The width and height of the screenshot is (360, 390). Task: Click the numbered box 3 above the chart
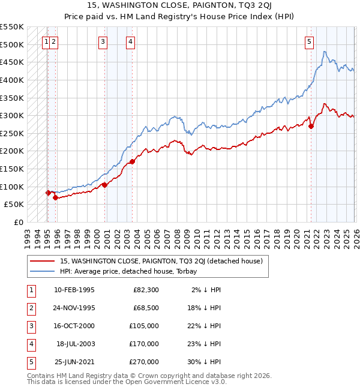103,41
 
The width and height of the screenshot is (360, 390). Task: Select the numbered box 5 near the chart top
309,41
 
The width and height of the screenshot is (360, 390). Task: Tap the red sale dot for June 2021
311,126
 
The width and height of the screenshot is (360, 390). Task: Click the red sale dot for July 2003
132,161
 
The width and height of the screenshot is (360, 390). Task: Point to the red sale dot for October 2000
104,185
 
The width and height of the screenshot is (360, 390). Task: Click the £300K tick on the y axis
12,115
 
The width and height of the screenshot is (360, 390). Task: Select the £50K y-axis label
14,205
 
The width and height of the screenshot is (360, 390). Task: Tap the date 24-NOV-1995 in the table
74,307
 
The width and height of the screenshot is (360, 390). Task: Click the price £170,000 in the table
144,344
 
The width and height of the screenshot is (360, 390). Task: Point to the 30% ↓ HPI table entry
205,362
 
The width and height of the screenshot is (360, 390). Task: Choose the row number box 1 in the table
30,290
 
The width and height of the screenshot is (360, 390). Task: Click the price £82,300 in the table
146,290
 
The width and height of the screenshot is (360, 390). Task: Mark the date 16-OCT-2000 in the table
74,326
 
